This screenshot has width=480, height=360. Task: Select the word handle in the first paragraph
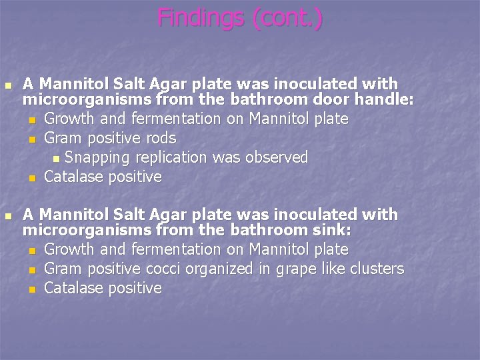pyautogui.click(x=387, y=100)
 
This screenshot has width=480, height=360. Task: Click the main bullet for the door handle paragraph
pyautogui.click(x=7, y=85)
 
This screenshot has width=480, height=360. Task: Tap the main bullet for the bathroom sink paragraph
pyautogui.click(x=7, y=216)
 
